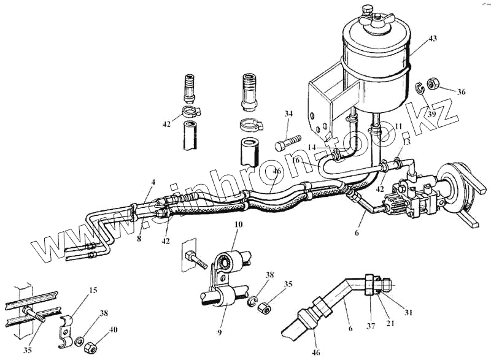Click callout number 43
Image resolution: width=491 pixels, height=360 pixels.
pos(433,39)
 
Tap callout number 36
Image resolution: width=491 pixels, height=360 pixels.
pos(461,92)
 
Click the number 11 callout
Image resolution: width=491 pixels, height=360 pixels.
pos(400,126)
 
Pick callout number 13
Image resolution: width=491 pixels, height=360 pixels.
pos(406,141)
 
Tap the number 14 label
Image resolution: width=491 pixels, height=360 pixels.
pos(312,148)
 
